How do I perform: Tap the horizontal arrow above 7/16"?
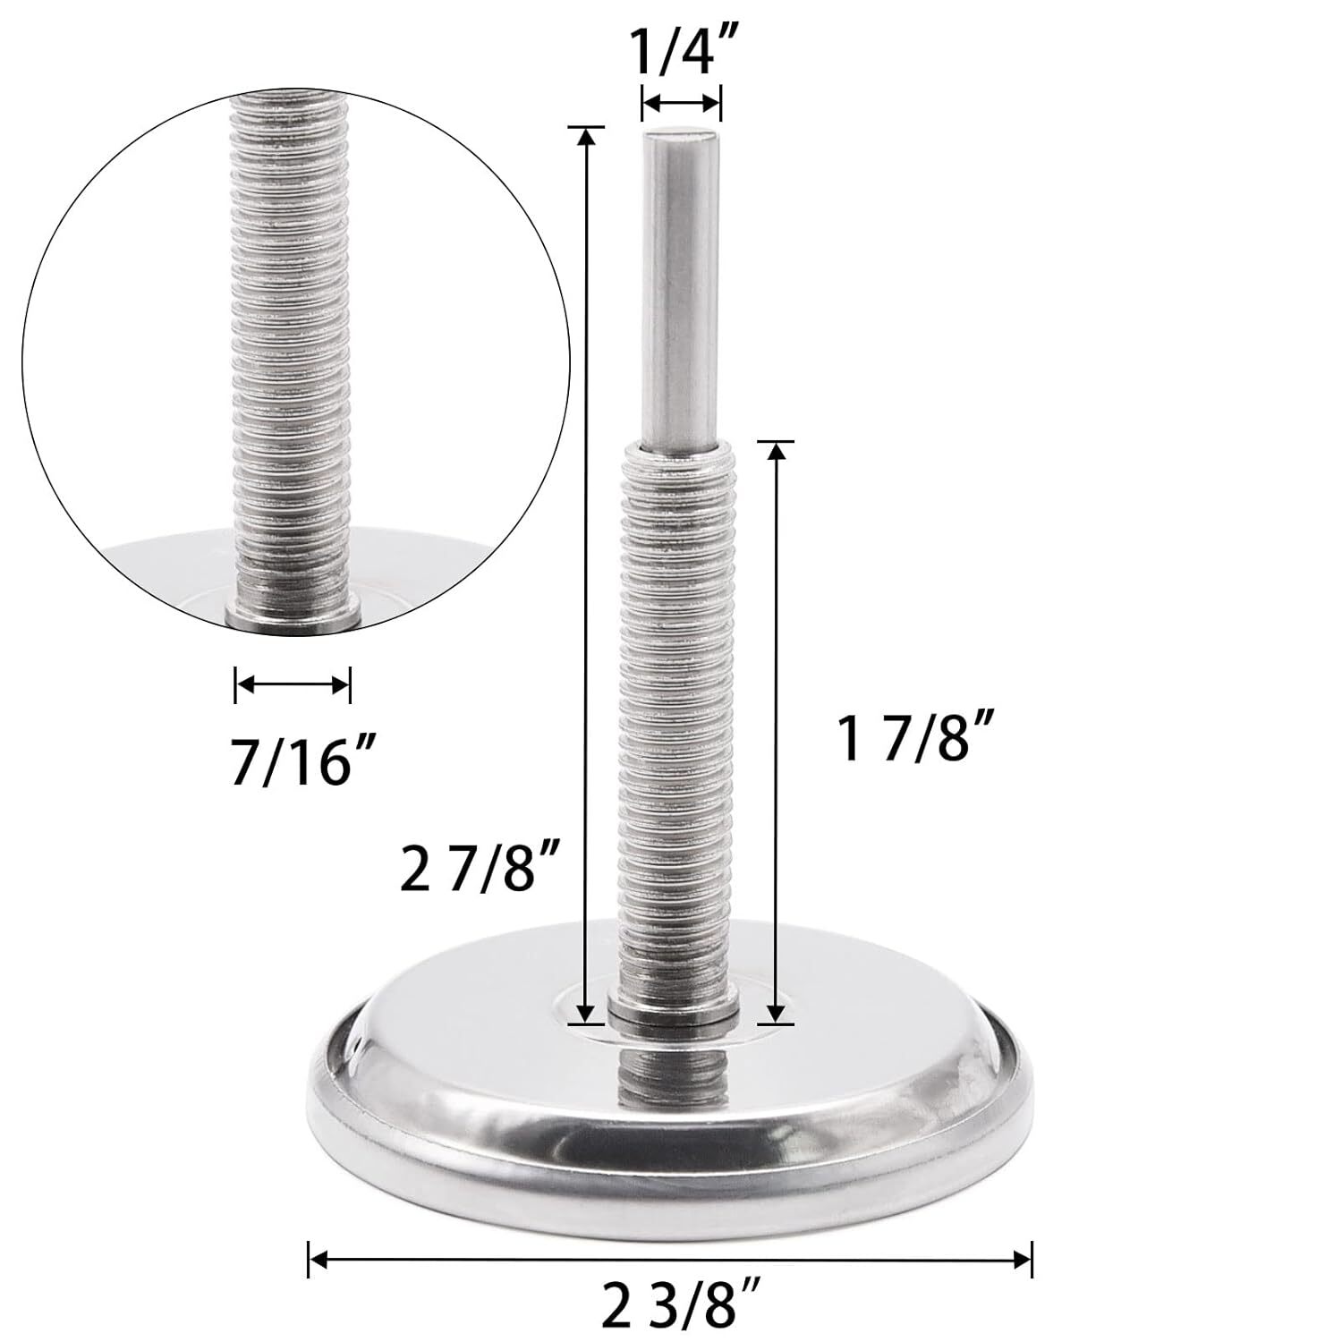(x=293, y=685)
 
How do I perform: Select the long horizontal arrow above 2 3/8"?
(x=670, y=1261)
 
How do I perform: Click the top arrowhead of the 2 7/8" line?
(x=586, y=136)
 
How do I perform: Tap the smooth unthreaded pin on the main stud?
(x=681, y=286)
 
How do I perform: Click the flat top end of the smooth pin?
(x=681, y=134)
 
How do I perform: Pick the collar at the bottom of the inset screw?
(x=293, y=617)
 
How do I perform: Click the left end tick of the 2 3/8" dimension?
(x=310, y=1261)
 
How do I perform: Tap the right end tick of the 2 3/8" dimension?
(x=1032, y=1261)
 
